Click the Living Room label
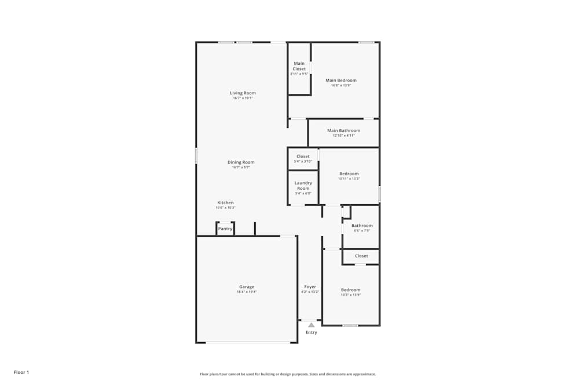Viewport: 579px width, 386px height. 243,93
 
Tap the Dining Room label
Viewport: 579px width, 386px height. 241,163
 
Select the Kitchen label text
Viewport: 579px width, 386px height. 225,203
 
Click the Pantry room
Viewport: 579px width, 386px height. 225,229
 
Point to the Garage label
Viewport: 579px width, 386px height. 247,287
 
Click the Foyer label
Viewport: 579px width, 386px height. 310,287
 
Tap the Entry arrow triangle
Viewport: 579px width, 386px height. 312,325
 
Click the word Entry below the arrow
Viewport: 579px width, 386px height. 312,333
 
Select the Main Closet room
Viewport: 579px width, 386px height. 299,68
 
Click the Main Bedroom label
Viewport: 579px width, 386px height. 341,80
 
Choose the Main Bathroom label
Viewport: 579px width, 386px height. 343,131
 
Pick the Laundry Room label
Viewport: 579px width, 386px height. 303,186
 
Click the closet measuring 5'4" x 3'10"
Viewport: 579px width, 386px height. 303,159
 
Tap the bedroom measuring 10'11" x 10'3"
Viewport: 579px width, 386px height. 349,176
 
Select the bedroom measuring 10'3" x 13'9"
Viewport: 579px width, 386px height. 350,292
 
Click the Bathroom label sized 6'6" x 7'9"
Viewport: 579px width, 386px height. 362,226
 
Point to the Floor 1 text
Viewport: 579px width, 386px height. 21,372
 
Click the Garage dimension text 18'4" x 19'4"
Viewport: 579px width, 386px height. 247,292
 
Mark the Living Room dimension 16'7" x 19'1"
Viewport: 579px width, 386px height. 243,98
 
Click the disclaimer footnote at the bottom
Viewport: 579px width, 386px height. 288,374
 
